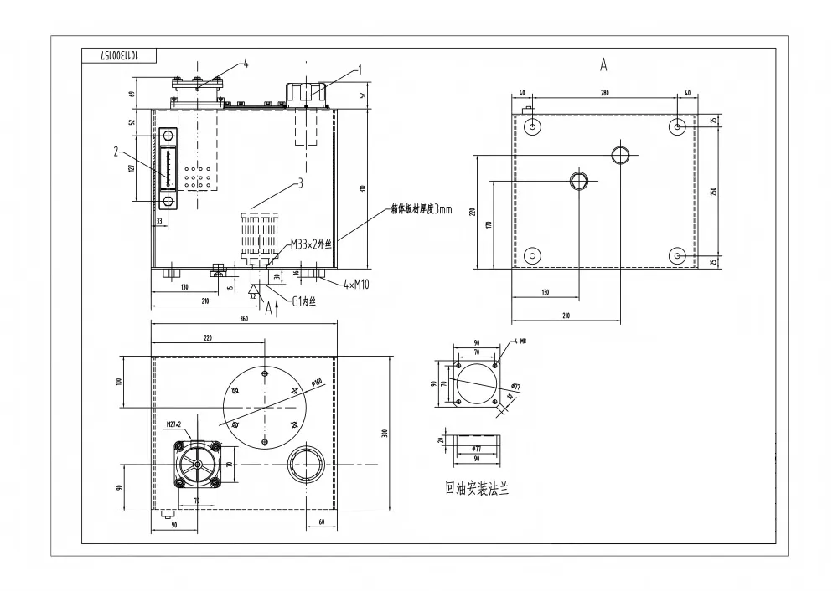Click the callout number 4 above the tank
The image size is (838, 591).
(246, 63)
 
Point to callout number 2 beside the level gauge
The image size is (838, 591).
(115, 152)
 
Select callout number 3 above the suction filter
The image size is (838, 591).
(300, 182)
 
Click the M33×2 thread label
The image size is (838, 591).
(312, 244)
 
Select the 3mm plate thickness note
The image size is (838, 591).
(421, 209)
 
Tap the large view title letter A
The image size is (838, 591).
(603, 64)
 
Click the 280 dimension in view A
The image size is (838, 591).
(605, 93)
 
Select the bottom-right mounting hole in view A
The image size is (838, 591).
(678, 254)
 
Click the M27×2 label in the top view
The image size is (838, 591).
(175, 424)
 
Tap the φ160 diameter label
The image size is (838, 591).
(317, 383)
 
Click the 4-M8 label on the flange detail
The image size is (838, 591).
(520, 342)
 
